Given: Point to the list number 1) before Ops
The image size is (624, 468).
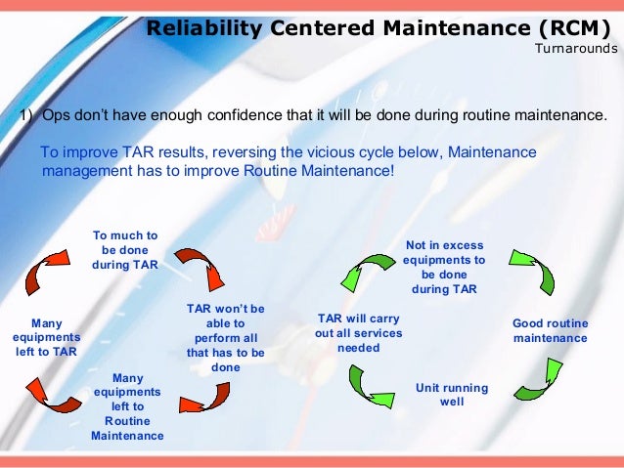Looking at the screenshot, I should pyautogui.click(x=28, y=116).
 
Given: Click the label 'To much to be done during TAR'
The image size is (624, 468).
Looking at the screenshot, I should pyautogui.click(x=125, y=250).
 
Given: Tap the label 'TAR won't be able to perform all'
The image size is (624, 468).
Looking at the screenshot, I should pyautogui.click(x=225, y=337).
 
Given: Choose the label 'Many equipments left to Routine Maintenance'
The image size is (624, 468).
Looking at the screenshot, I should pyautogui.click(x=127, y=405).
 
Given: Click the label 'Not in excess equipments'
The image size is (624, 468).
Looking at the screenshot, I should pyautogui.click(x=444, y=268).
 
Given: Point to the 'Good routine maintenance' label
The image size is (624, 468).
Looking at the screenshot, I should pyautogui.click(x=550, y=330).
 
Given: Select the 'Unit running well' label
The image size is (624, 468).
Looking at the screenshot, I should pyautogui.click(x=451, y=394).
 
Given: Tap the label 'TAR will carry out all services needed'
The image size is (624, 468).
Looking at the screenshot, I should pyautogui.click(x=358, y=333).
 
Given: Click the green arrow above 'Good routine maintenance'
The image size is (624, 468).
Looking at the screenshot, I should pyautogui.click(x=533, y=271).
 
